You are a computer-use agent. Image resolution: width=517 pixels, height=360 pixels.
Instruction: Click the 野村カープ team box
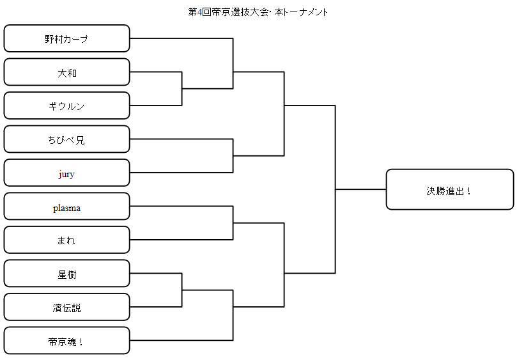coord(66,38)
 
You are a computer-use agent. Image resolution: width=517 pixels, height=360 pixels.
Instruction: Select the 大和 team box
coord(66,72)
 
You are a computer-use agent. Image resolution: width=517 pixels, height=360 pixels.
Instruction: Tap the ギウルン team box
coord(66,106)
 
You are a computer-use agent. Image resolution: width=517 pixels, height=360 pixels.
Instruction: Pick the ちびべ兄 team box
coord(66,139)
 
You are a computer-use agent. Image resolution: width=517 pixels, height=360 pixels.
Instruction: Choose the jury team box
coord(66,173)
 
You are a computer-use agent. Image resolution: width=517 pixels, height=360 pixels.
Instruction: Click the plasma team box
coord(66,207)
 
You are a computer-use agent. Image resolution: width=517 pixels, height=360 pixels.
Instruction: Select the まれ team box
coord(66,240)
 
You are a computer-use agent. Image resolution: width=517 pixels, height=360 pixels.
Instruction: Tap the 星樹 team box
coord(66,273)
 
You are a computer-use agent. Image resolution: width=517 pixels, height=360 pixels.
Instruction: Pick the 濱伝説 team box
coord(66,307)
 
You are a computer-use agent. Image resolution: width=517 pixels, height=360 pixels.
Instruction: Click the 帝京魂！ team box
coord(66,341)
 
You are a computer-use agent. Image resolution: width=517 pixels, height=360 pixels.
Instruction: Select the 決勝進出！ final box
coord(450,189)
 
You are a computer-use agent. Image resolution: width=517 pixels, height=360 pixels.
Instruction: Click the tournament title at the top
coord(258,12)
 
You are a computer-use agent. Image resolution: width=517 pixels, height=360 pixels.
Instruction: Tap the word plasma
coord(66,208)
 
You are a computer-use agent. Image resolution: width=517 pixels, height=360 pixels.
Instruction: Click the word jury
coord(66,174)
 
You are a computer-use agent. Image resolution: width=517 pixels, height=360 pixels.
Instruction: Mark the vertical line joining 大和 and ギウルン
coord(181,89)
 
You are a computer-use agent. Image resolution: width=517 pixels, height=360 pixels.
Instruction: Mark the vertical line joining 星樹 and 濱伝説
coord(181,290)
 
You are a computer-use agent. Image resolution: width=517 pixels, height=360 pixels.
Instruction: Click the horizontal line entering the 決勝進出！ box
coord(360,189)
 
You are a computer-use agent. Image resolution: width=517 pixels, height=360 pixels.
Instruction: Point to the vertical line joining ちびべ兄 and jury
coord(233,156)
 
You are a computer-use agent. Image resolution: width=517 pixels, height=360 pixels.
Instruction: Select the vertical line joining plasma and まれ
coord(233,223)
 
